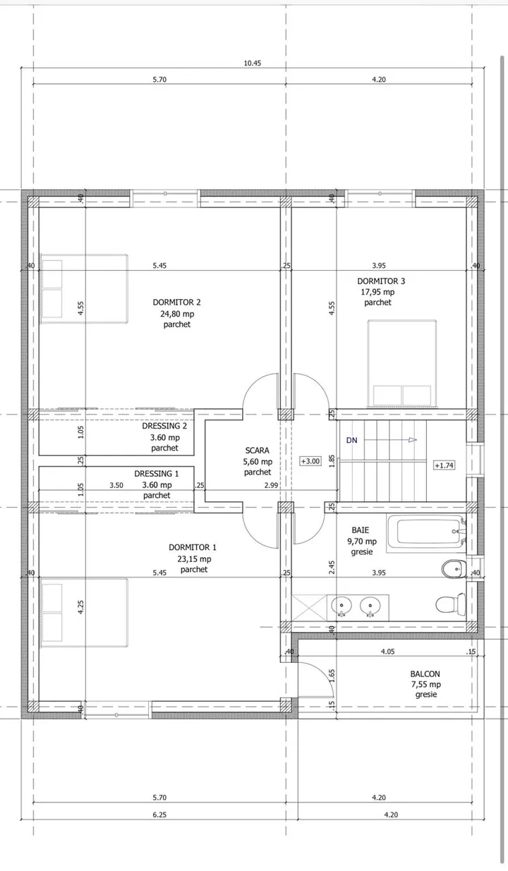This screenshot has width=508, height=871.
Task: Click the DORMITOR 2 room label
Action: pos(176,302)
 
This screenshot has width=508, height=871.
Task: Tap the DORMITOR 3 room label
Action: pos(381,281)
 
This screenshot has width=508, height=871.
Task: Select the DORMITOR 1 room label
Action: pos(193,547)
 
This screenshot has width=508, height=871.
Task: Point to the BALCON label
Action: pos(425,674)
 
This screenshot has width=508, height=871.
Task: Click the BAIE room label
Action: pos(361,530)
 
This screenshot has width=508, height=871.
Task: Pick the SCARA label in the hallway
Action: pos(257,450)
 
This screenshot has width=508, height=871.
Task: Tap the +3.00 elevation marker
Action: pos(310,461)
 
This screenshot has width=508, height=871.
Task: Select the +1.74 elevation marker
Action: pos(445,465)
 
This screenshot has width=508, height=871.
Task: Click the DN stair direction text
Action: pos(351,440)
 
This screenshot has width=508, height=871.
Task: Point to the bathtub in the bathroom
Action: pos(426,533)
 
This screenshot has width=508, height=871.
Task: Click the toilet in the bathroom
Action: pos(451,604)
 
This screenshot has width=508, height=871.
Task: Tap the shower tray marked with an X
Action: pos(309,607)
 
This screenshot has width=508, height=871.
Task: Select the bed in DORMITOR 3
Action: pos(402,364)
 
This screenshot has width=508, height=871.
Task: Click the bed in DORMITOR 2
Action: pos(85,289)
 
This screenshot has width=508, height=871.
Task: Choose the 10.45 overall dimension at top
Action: pos(253,63)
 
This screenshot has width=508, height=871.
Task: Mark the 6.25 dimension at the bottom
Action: pos(159,815)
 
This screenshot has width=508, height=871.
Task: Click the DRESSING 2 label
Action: pos(164,426)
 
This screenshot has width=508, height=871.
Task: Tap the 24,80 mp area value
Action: pos(177,314)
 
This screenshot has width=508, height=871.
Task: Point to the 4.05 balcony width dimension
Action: pos(388,652)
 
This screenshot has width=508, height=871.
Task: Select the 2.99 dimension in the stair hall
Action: pos(271,485)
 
